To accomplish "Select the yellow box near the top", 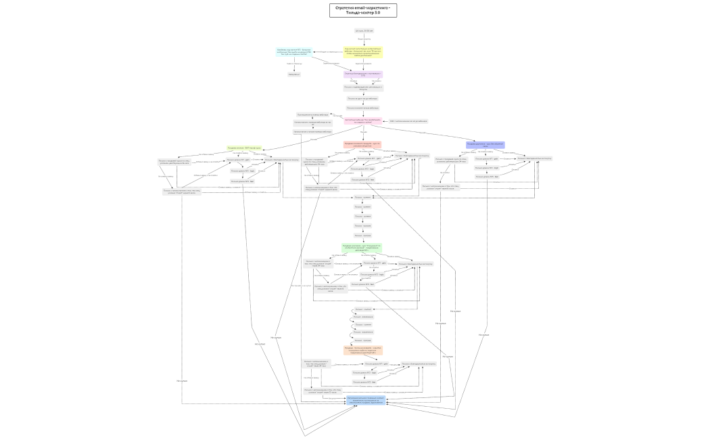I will (364, 51).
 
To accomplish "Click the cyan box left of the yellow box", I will (293, 51).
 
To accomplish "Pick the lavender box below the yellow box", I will (363, 74).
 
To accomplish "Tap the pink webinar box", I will (363, 121).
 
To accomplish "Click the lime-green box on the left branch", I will (244, 148).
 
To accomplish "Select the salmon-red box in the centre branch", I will (362, 144).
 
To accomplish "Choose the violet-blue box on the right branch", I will (485, 145).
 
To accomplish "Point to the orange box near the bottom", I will (364, 351).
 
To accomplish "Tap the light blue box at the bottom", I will (366, 400).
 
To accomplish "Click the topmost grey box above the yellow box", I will (364, 30).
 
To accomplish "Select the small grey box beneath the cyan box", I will (293, 74).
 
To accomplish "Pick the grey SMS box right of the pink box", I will (408, 121).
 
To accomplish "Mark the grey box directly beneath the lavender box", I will (363, 87).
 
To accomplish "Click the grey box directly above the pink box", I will (363, 108).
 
